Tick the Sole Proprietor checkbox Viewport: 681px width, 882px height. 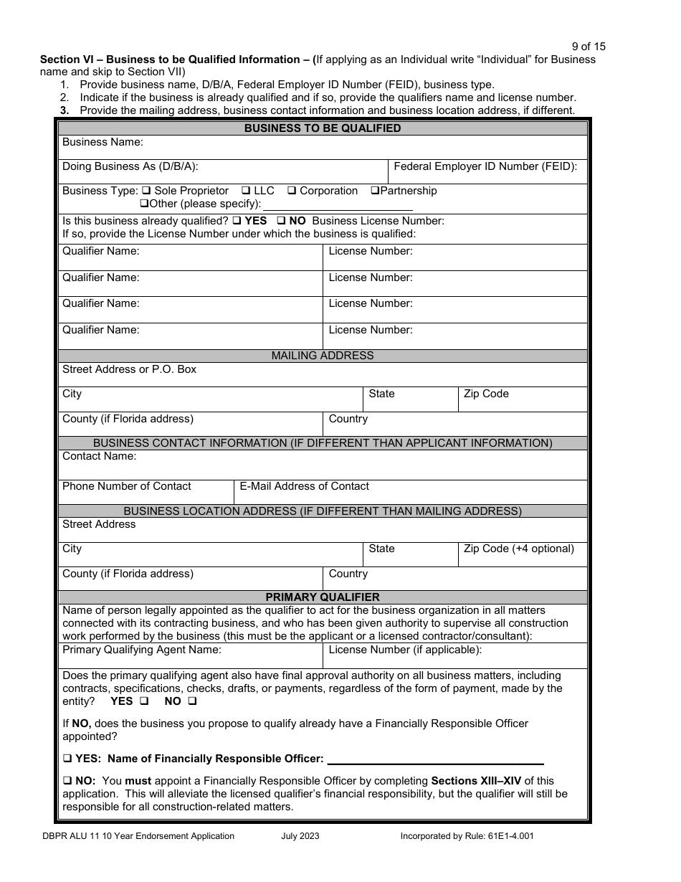click(x=146, y=191)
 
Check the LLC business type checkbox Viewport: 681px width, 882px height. click(x=245, y=191)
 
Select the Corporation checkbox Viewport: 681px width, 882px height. click(x=292, y=191)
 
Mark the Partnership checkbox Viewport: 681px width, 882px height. click(x=374, y=191)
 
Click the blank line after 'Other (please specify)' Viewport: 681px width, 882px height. click(x=338, y=204)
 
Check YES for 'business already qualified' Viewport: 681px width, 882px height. click(x=236, y=221)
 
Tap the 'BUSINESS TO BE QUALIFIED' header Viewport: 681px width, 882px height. click(x=323, y=128)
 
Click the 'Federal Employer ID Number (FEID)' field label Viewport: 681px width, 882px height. click(x=485, y=166)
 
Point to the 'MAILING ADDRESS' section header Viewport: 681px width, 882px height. click(x=323, y=356)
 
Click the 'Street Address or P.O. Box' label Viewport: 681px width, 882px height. click(x=129, y=369)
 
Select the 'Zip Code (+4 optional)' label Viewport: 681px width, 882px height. click(x=518, y=549)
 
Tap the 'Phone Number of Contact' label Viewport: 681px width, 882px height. click(x=127, y=486)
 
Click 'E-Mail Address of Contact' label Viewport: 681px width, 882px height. click(x=304, y=486)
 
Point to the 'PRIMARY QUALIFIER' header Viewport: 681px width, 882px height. click(x=323, y=597)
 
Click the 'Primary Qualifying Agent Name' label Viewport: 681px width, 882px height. click(x=142, y=650)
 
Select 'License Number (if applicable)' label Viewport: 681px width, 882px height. click(x=405, y=650)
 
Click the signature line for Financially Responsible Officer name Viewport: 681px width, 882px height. click(x=435, y=760)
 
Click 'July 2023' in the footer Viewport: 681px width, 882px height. click(x=300, y=835)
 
